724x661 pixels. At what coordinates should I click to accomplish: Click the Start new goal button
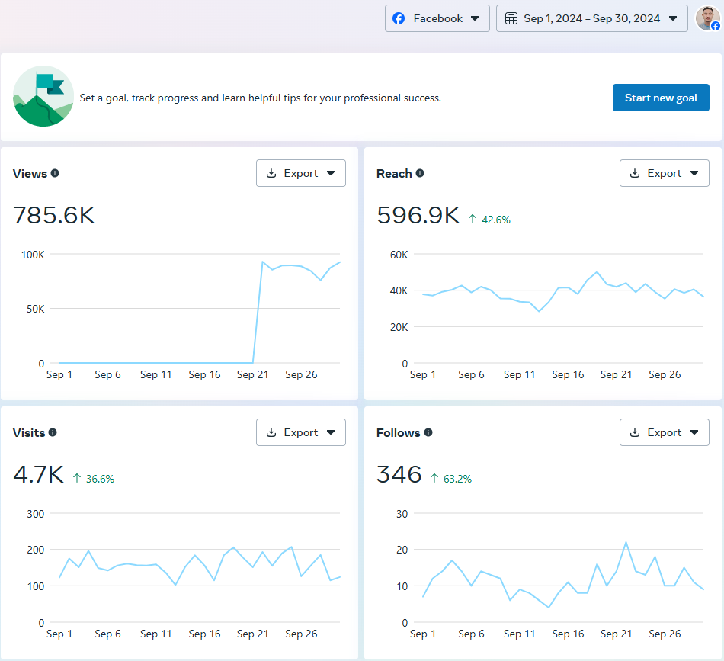pyautogui.click(x=661, y=98)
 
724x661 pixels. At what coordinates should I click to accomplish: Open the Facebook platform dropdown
pyautogui.click(x=437, y=18)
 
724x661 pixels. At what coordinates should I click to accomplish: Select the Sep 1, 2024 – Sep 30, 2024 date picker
pyautogui.click(x=591, y=18)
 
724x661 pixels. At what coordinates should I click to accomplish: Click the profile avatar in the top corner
pyautogui.click(x=706, y=18)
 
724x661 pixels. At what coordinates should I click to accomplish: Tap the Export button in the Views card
pyautogui.click(x=300, y=173)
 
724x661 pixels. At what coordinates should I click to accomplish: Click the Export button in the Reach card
pyautogui.click(x=664, y=173)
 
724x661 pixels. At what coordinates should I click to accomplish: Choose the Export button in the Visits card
pyautogui.click(x=300, y=432)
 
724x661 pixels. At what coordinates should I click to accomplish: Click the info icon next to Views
pyautogui.click(x=55, y=173)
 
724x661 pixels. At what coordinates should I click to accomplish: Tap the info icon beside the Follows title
pyautogui.click(x=428, y=432)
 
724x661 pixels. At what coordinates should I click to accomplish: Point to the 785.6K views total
pyautogui.click(x=54, y=216)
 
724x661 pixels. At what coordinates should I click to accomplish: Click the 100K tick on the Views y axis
pyautogui.click(x=32, y=254)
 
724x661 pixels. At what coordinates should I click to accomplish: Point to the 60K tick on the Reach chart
pyautogui.click(x=399, y=254)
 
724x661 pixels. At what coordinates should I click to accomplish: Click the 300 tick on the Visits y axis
pyautogui.click(x=35, y=513)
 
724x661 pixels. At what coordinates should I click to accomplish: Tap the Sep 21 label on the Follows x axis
pyautogui.click(x=616, y=634)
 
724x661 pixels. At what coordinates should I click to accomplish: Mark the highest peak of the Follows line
pyautogui.click(x=626, y=542)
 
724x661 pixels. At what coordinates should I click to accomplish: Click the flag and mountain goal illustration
pyautogui.click(x=43, y=97)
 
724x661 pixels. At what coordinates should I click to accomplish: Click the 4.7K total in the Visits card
pyautogui.click(x=38, y=475)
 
